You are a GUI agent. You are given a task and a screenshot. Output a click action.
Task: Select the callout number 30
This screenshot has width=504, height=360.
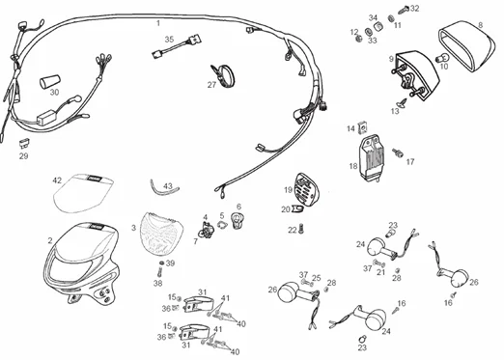click(55, 93)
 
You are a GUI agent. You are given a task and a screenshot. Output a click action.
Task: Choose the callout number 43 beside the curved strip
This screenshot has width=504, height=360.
click(168, 185)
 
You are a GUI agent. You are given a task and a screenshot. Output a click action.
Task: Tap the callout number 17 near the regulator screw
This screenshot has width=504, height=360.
click(409, 162)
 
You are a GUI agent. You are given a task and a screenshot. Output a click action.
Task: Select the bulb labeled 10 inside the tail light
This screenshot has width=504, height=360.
click(443, 67)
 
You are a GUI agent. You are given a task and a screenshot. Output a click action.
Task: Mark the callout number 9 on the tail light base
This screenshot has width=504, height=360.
click(391, 59)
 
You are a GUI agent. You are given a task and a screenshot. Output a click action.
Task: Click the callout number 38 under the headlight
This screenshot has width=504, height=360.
click(157, 284)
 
